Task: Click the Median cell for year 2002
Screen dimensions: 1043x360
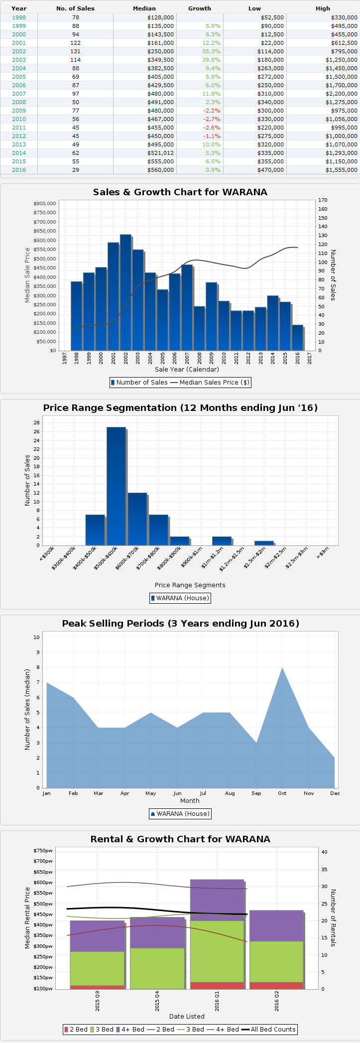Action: (x=160, y=51)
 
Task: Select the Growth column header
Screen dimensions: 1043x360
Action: (x=199, y=8)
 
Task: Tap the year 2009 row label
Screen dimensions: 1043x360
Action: (x=19, y=111)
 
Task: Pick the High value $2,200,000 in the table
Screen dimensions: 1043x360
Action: (x=341, y=94)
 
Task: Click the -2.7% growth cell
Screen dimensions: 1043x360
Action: (x=211, y=119)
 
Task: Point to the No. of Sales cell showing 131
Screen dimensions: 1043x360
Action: (x=75, y=51)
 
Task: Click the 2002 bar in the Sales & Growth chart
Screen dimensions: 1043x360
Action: (x=125, y=292)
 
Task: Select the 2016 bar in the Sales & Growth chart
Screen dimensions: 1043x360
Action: (x=297, y=338)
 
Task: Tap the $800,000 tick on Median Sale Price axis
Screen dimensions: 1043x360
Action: (x=44, y=204)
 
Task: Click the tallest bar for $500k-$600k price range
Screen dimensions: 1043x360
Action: (x=116, y=486)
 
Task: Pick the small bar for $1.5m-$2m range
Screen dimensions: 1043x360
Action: (x=264, y=543)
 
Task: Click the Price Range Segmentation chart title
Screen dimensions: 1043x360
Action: (x=180, y=408)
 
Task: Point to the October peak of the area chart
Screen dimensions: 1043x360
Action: (x=282, y=668)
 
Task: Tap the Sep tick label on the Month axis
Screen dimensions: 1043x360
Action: (x=256, y=793)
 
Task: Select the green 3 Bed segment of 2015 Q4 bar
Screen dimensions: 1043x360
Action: (x=157, y=968)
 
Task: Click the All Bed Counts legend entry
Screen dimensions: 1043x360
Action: (x=268, y=1030)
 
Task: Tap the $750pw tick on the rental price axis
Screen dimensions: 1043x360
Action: (x=43, y=851)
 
